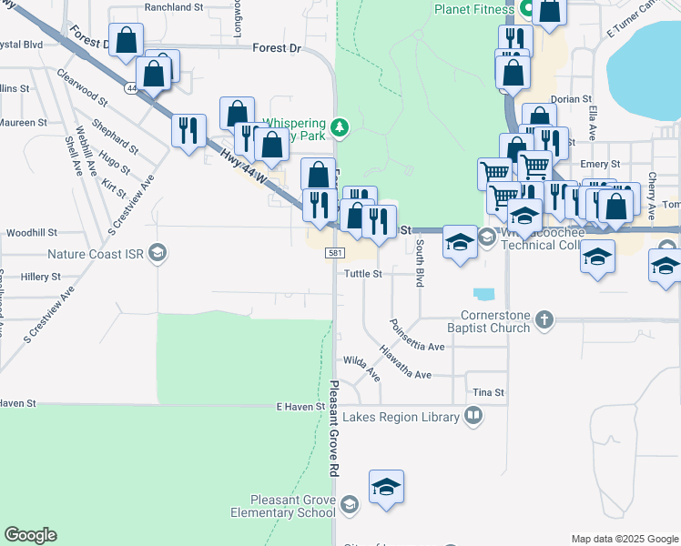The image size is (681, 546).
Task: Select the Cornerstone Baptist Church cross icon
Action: [544, 319]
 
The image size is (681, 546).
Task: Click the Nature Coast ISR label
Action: [97, 254]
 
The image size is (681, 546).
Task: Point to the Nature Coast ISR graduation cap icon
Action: [157, 253]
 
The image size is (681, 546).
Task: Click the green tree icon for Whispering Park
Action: [340, 126]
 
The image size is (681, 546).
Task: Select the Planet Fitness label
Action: [473, 9]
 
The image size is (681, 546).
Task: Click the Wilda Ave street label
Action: [361, 366]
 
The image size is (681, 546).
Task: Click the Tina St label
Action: [488, 392]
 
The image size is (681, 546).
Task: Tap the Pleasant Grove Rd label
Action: [334, 429]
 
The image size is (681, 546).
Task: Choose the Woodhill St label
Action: [31, 233]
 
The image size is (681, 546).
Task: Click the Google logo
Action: [30, 535]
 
